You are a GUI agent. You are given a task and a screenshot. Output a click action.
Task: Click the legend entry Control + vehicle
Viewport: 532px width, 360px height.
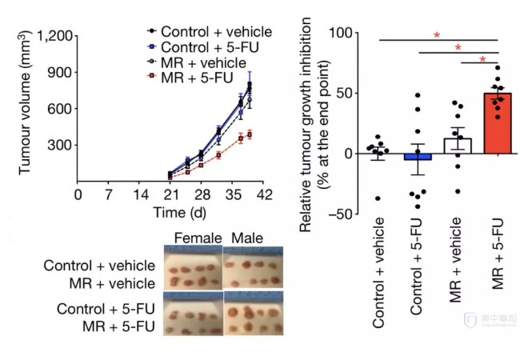(216, 32)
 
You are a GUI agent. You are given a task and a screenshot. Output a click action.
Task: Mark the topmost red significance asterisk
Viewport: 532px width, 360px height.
(438, 35)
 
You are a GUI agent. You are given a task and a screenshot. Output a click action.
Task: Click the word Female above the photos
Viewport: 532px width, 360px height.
(193, 238)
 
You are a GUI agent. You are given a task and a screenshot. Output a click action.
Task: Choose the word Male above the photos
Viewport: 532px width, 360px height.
(246, 238)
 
